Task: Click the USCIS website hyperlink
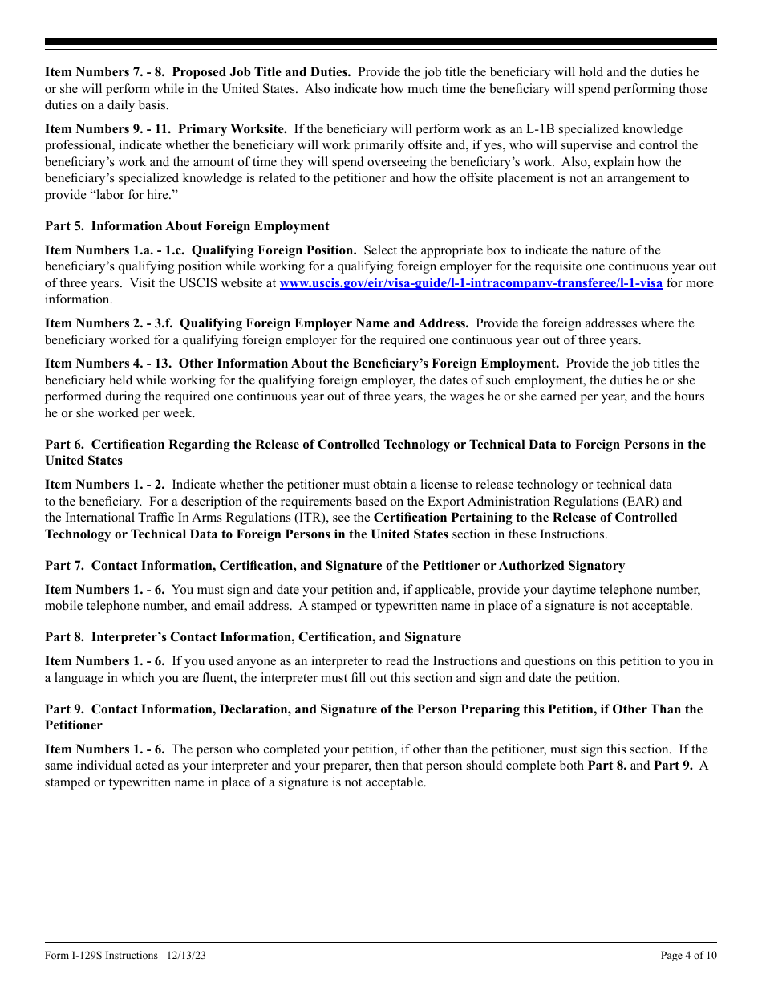pyautogui.click(x=470, y=283)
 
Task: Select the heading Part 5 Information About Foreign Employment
pyautogui.click(x=187, y=226)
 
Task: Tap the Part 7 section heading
pyautogui.click(x=334, y=567)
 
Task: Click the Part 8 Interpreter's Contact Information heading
pyautogui.click(x=253, y=637)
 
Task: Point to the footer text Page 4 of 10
pyautogui.click(x=688, y=955)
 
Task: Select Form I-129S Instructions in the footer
pyautogui.click(x=101, y=955)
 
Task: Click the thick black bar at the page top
pyautogui.click(x=381, y=42)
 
